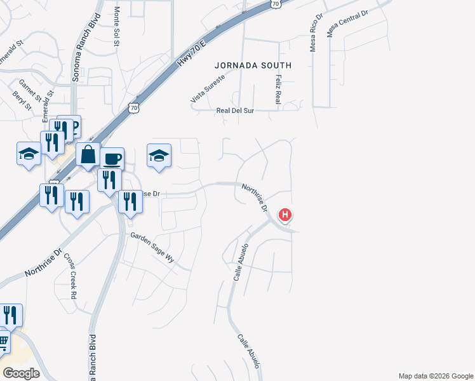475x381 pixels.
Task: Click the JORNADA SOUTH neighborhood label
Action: tap(253, 65)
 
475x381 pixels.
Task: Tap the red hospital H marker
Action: tap(286, 215)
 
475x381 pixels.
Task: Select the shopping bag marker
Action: tap(88, 154)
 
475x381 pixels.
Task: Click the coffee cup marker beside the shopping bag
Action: tap(112, 158)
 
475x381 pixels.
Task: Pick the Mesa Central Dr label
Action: tap(347, 23)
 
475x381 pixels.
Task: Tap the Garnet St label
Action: tap(30, 91)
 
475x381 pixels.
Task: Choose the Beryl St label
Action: tap(22, 100)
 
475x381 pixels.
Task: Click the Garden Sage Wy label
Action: tap(152, 243)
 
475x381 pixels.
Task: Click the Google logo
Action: tap(21, 373)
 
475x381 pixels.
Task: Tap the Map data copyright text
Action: tap(436, 376)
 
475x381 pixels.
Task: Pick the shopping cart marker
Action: tap(3, 342)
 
